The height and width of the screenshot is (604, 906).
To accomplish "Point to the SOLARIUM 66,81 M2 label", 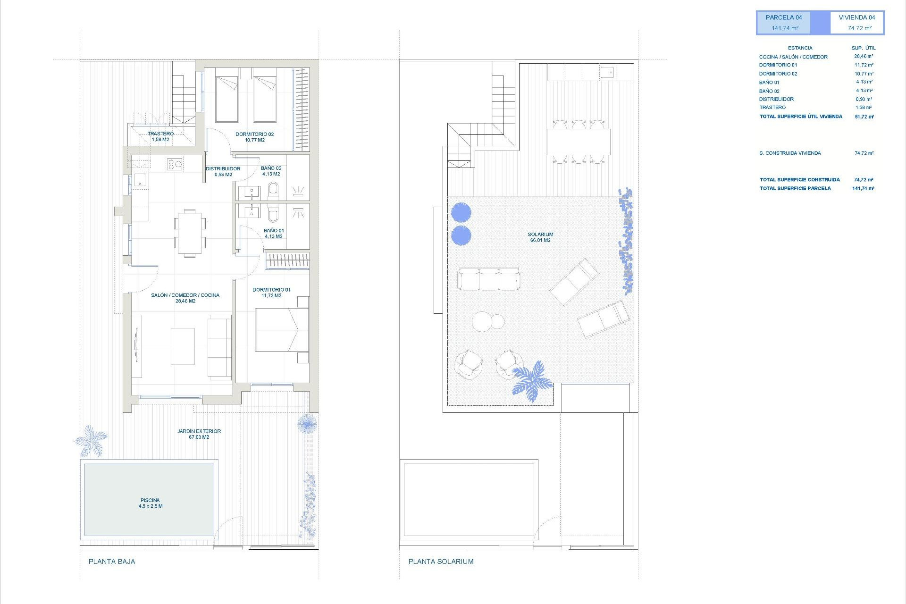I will tap(540, 237).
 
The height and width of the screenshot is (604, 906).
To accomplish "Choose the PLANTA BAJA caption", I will tap(112, 562).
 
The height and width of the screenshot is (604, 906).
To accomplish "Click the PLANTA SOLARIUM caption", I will tap(441, 562).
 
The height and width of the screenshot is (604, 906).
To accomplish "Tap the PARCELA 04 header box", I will tap(784, 23).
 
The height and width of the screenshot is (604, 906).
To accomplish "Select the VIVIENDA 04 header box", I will tap(856, 23).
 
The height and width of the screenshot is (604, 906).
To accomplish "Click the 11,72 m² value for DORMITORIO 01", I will tap(864, 65).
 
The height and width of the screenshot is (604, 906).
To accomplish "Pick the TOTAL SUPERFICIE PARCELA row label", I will tap(795, 188).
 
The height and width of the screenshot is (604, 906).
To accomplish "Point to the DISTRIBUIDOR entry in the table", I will tap(776, 99).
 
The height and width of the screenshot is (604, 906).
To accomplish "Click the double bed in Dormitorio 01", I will tap(277, 329).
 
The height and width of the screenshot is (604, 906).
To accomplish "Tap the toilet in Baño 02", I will tap(273, 190).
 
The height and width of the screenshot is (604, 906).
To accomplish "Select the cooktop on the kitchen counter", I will tap(175, 164).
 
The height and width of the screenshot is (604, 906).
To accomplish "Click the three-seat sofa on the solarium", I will tap(488, 279).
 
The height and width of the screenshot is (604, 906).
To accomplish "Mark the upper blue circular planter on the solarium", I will tap(461, 212).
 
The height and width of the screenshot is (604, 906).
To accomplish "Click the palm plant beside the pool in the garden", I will tap(91, 440).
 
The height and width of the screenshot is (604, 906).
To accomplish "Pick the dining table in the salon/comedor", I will tap(190, 233).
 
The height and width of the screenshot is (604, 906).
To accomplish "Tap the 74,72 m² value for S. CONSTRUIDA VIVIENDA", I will tap(864, 153).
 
